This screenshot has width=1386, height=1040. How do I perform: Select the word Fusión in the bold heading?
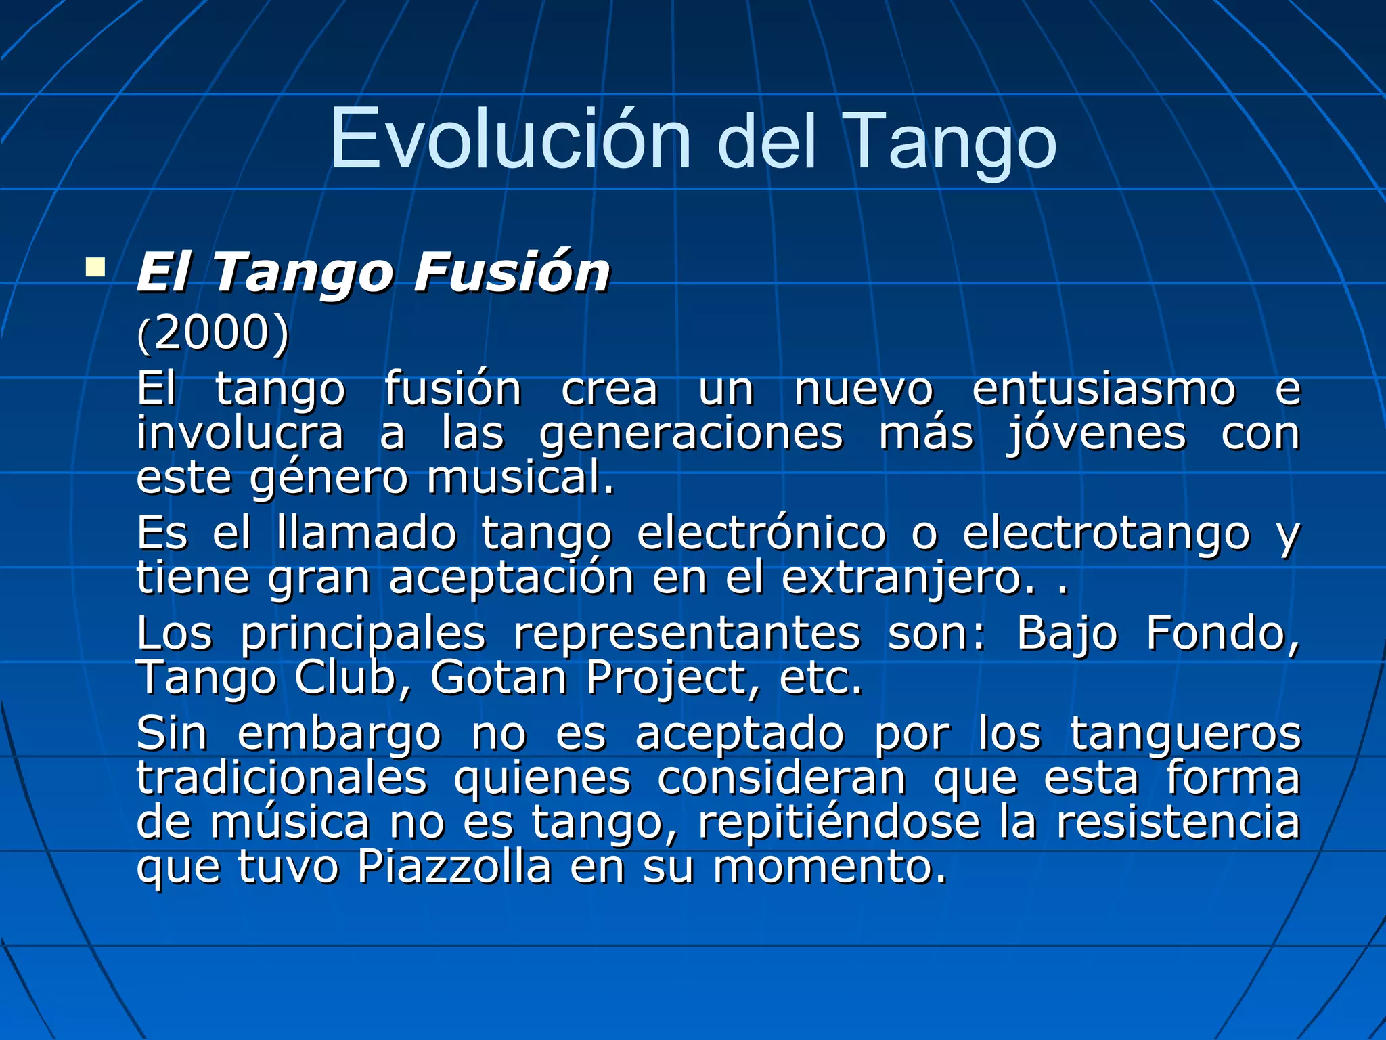pos(511,272)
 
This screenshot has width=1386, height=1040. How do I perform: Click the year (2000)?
pos(213,333)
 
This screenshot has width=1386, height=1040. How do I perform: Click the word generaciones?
pos(691,435)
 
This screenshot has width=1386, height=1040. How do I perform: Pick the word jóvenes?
pos(1096,435)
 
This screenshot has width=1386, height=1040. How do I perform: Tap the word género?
pos(329,478)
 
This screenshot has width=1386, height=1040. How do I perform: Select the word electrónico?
pos(761,533)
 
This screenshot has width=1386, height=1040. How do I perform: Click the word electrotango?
pos(1106,533)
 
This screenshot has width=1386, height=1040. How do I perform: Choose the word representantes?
pos(686,634)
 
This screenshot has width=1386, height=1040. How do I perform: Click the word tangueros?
pos(1185,733)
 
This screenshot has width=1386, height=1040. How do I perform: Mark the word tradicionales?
pos(282,778)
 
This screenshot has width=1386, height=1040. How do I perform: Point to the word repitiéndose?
pos(839,823)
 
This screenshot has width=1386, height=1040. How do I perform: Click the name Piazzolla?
pos(454,867)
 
